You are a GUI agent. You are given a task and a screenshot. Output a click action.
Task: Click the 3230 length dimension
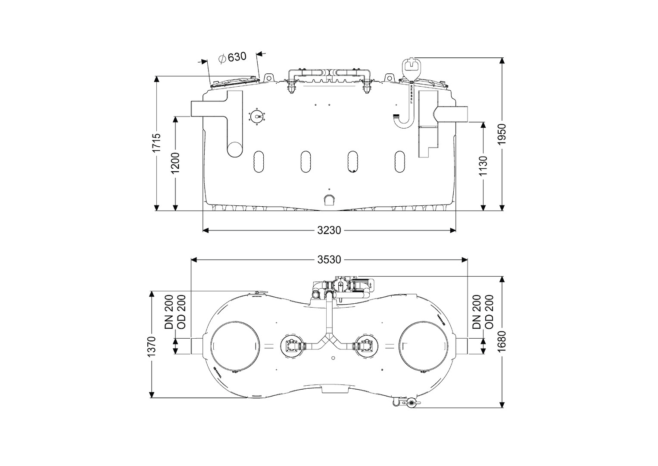[x=329, y=230]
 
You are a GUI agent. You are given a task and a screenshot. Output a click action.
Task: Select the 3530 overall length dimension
[x=329, y=260]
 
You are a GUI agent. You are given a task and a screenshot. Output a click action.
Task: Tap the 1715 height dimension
[x=157, y=142]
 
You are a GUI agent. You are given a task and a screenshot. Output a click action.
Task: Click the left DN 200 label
[x=168, y=312]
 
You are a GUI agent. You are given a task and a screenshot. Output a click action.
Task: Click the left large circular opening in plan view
[x=235, y=346]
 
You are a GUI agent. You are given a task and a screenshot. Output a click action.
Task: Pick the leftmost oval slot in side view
[x=259, y=162]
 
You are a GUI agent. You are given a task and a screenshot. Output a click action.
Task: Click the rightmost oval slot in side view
[x=399, y=162]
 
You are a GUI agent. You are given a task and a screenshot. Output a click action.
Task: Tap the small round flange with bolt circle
[x=258, y=116]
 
